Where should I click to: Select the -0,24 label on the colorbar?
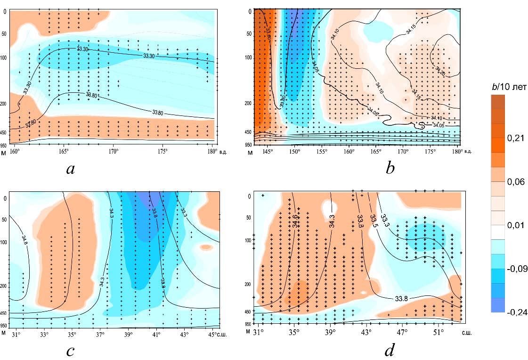tap(506, 311)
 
